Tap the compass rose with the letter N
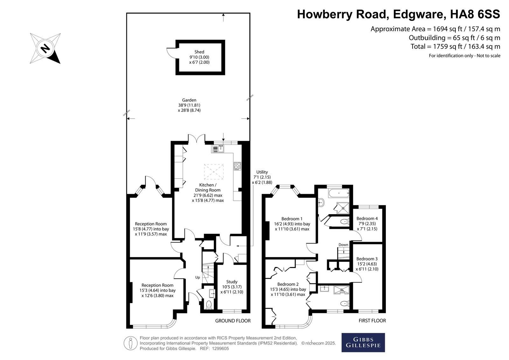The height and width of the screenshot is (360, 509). pyautogui.click(x=45, y=48)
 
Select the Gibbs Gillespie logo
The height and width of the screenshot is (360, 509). pyautogui.click(x=363, y=342)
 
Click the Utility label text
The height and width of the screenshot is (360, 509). pyautogui.click(x=262, y=172)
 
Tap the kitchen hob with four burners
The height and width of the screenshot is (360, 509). pyautogui.click(x=237, y=166)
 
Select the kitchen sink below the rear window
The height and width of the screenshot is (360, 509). pyautogui.click(x=218, y=149)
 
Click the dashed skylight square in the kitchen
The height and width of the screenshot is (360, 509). pyautogui.click(x=214, y=172)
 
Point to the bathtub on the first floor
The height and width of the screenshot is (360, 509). pyautogui.click(x=338, y=193)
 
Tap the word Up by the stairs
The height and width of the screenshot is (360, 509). pyautogui.click(x=198, y=278)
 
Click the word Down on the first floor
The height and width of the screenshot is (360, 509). pyautogui.click(x=343, y=245)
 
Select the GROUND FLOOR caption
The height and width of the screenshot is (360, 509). pyautogui.click(x=233, y=321)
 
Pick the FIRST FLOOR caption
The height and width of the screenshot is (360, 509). pyautogui.click(x=372, y=321)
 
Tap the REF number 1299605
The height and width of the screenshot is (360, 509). pyautogui.click(x=220, y=349)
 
